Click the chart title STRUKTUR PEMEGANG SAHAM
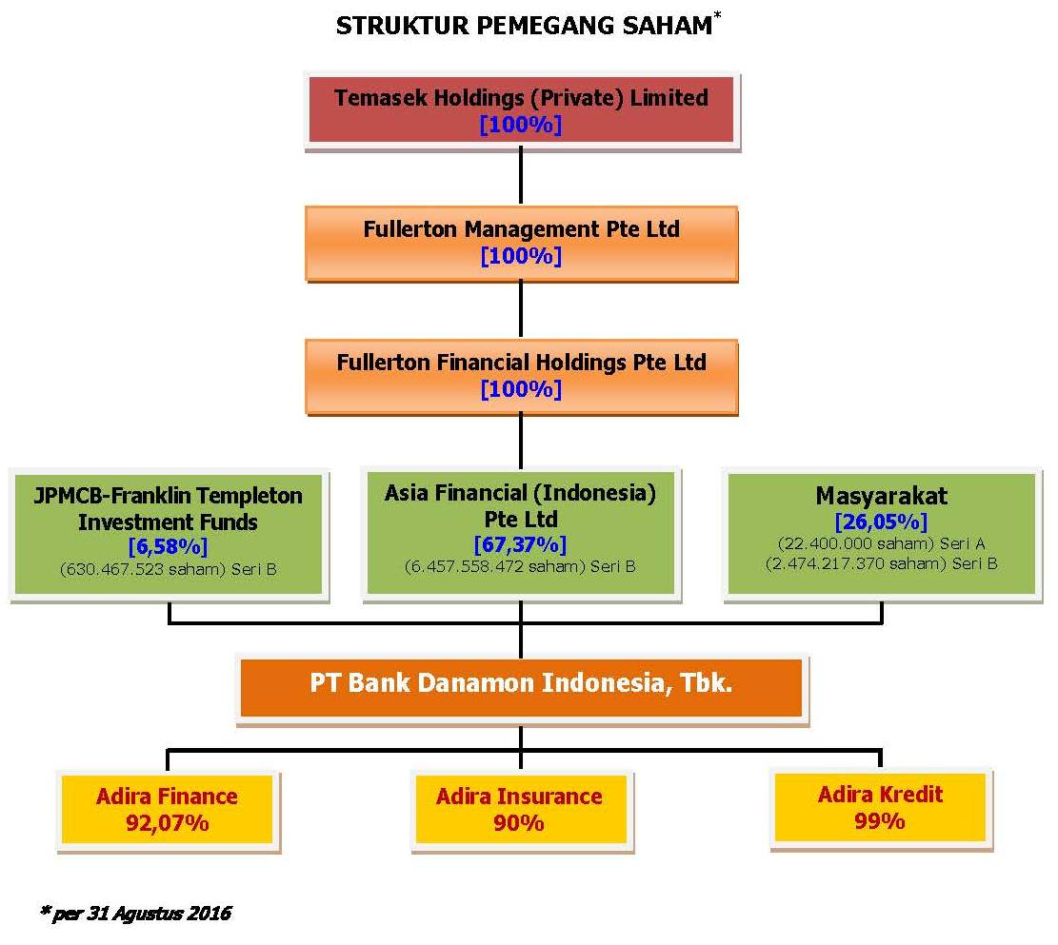pyautogui.click(x=525, y=26)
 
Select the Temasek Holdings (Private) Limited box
pyautogui.click(x=522, y=110)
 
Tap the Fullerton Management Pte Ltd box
pyautogui.click(x=522, y=242)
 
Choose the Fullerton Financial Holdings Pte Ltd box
pyautogui.click(x=522, y=375)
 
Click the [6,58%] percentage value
pyautogui.click(x=168, y=546)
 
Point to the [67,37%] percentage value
pyautogui.click(x=520, y=544)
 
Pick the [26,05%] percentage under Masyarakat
pyautogui.click(x=881, y=522)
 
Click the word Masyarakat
pyautogui.click(x=881, y=496)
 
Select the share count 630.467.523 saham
pyautogui.click(x=143, y=569)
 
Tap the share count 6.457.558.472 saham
pyautogui.click(x=494, y=566)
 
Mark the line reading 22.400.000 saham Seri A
pyautogui.click(x=881, y=543)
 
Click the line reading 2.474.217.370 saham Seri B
pyautogui.click(x=881, y=564)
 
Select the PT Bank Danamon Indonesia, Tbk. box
pyautogui.click(x=522, y=687)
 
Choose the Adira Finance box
pyautogui.click(x=168, y=809)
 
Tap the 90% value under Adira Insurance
pyautogui.click(x=519, y=823)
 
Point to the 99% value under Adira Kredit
pyautogui.click(x=880, y=821)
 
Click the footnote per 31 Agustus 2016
pyautogui.click(x=135, y=914)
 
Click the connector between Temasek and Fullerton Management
pyautogui.click(x=521, y=175)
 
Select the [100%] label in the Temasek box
pyautogui.click(x=520, y=124)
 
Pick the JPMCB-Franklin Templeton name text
pyautogui.click(x=168, y=508)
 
